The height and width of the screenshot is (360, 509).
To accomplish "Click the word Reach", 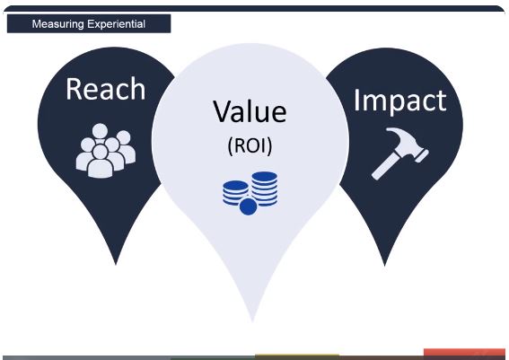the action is click(x=106, y=89).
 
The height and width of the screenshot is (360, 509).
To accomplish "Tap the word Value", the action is click(x=250, y=111).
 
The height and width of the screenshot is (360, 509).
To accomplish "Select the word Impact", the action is click(x=400, y=101).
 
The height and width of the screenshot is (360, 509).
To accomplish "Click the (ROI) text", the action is click(x=250, y=146).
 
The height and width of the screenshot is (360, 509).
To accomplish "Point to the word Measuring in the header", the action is click(x=57, y=24).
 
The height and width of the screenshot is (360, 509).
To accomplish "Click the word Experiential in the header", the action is click(x=116, y=24).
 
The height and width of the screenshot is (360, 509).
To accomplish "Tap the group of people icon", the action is click(x=106, y=150).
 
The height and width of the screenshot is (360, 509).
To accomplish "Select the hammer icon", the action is click(x=400, y=154).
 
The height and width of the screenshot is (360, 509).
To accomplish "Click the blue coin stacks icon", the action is click(x=250, y=193).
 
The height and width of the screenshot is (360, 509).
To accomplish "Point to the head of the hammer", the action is click(x=408, y=143).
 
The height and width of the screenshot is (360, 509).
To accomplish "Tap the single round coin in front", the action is click(x=248, y=206).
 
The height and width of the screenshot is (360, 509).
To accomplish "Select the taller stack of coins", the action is click(x=265, y=189).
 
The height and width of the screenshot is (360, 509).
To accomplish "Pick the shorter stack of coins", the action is click(x=235, y=192).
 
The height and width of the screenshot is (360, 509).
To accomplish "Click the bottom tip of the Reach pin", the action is click(x=116, y=264).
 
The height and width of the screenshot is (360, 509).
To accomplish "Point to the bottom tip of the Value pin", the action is click(x=252, y=321).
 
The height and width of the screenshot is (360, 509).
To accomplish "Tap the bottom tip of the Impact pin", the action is click(x=385, y=266).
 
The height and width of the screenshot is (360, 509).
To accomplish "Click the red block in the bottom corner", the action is click(x=464, y=353).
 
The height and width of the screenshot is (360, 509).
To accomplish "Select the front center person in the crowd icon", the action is click(x=101, y=162).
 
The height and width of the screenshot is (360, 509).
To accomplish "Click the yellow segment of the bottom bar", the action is click(x=297, y=356).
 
